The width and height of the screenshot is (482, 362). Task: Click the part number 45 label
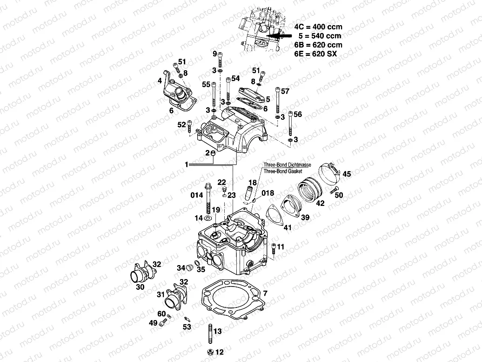point(347,174)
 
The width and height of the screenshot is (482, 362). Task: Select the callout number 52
point(181,124)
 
